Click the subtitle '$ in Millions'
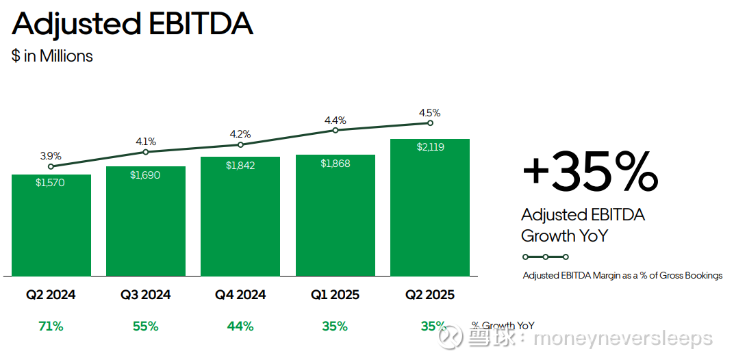pyautogui.click(x=52, y=56)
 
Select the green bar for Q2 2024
pyautogui.click(x=51, y=225)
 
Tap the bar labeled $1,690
pyautogui.click(x=146, y=221)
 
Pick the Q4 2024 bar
pyautogui.click(x=240, y=216)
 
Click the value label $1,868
pyautogui.click(x=336, y=164)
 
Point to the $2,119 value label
pyautogui.click(x=430, y=147)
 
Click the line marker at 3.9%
pyautogui.click(x=51, y=166)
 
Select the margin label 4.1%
pyautogui.click(x=146, y=142)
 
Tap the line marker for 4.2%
pyautogui.click(x=240, y=144)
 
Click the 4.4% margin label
pyautogui.click(x=336, y=120)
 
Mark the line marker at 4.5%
pyautogui.click(x=430, y=123)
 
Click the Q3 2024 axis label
pyautogui.click(x=146, y=295)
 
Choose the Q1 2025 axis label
pyautogui.click(x=336, y=295)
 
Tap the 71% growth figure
pyautogui.click(x=51, y=326)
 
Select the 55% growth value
pyautogui.click(x=146, y=326)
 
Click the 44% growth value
pyautogui.click(x=240, y=326)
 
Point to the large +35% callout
pyautogui.click(x=590, y=172)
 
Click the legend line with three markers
pyautogui.click(x=545, y=257)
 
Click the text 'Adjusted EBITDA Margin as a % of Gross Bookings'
pyautogui.click(x=622, y=275)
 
